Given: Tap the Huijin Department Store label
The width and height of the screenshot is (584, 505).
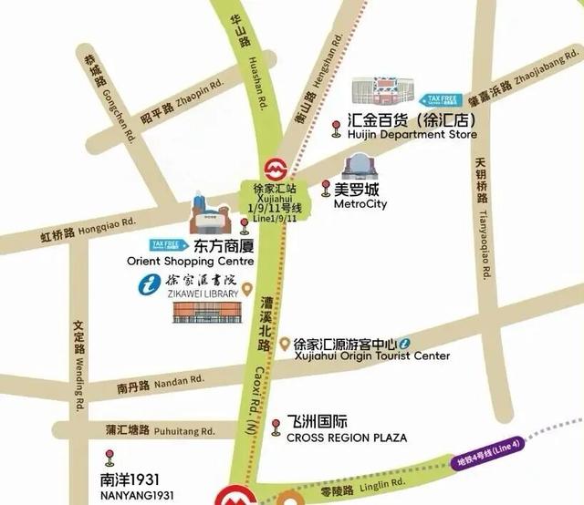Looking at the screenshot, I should pyautogui.click(x=412, y=134).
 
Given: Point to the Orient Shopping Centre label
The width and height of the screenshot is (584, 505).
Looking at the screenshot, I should pyautogui.click(x=190, y=261).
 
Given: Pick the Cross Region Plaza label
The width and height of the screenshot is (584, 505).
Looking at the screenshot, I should pyautogui.click(x=346, y=438).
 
